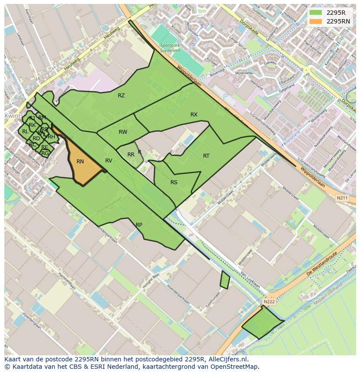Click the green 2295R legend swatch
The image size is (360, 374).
coord(316,13)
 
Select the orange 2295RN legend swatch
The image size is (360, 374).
coord(316,21)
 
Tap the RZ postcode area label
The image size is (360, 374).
coord(121,96)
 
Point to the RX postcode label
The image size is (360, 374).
coord(194,115)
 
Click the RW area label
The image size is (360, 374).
coord(123,132)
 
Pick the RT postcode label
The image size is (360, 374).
coord(206,156)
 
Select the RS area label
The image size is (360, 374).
coord(174,182)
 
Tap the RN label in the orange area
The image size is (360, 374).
coord(80,162)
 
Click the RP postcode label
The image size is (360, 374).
coord(139,225)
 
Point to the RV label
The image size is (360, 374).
coord(109,161)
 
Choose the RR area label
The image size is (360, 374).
coord(131,155)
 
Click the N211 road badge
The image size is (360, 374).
coord(342,199)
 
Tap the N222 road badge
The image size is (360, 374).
coord(269,301)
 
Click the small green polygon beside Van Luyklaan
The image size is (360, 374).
coord(225,280)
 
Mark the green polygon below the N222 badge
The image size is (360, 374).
coord(262,324)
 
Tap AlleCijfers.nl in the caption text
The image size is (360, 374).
coord(227,359)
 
